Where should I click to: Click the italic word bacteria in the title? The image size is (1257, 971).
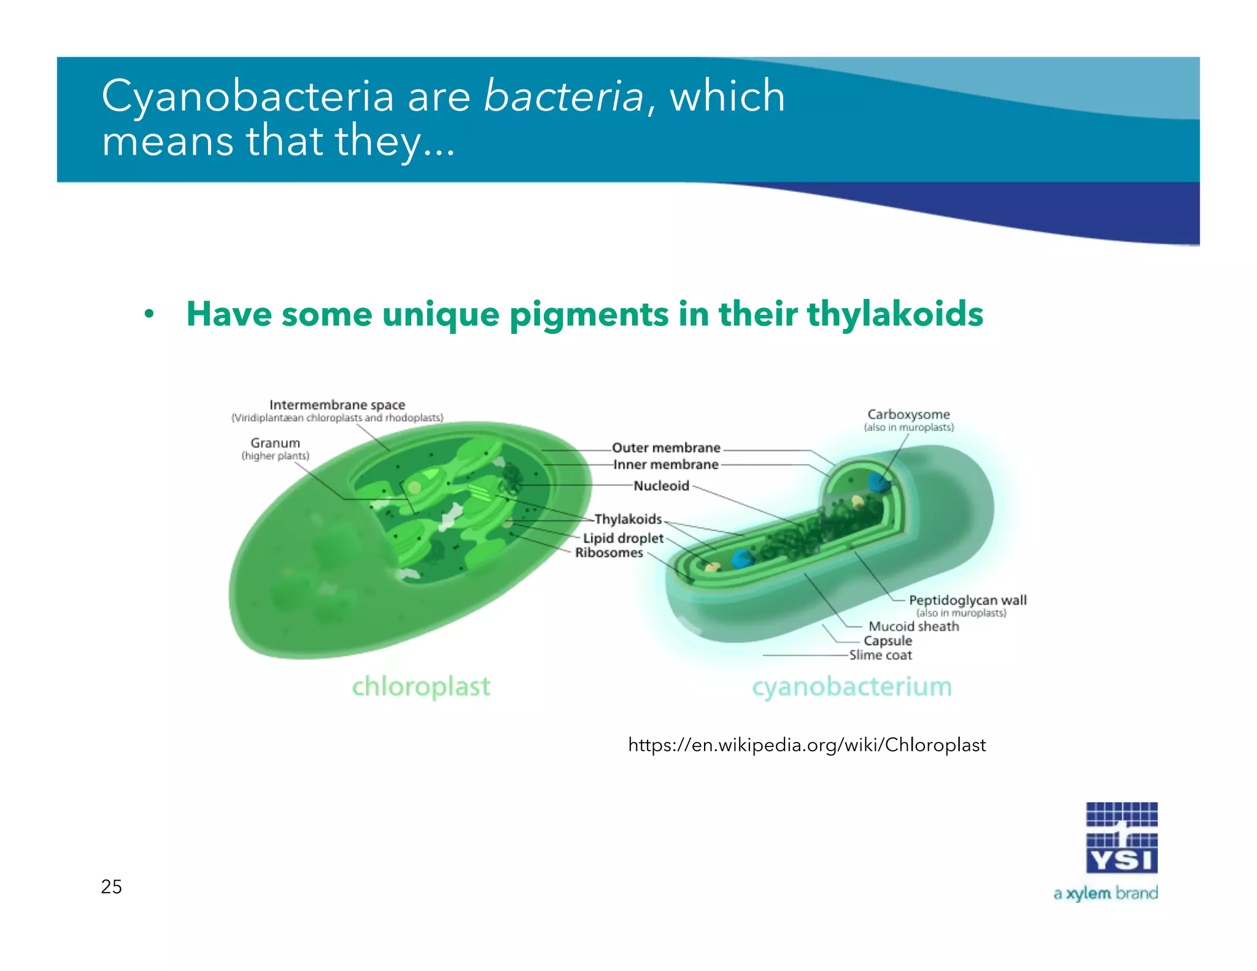coord(563,97)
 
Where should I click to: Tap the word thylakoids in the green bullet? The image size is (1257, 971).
coord(895,314)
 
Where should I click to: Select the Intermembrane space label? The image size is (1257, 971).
coord(337,405)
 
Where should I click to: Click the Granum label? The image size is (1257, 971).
coord(275,443)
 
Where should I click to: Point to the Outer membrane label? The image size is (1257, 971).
coord(666,448)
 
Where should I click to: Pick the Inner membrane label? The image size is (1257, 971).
coord(666,465)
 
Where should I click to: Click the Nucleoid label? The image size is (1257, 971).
coord(661,486)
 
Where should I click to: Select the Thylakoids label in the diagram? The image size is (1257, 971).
coord(628,519)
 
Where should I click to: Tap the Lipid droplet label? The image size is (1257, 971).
coord(623,538)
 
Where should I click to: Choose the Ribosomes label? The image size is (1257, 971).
coord(609,553)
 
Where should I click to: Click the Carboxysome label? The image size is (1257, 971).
coord(908,415)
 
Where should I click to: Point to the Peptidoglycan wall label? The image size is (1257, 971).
coord(967,600)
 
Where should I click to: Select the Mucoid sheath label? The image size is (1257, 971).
coord(913,627)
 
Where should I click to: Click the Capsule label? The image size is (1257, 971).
coord(888,641)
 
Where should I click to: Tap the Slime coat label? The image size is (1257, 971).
coord(880,656)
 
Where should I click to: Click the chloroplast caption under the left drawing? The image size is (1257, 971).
coord(421,687)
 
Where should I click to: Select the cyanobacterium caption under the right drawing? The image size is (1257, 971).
coord(852,687)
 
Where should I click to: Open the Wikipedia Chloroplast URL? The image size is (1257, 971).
coord(806,745)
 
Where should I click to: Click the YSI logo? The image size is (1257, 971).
coord(1121,838)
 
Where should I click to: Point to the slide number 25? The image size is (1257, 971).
coord(111,887)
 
